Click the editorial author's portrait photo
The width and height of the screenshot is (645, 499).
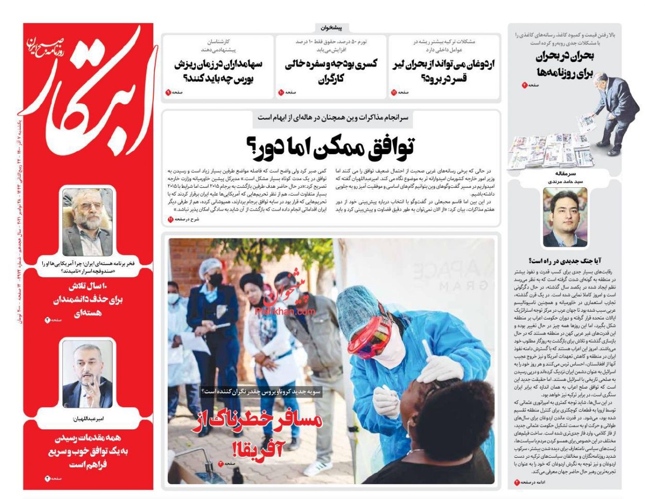[x=565, y=217]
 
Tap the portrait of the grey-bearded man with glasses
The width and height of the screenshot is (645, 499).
[x=87, y=222]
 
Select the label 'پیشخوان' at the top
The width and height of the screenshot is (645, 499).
[x=332, y=28]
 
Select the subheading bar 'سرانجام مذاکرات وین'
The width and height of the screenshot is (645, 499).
[x=332, y=118]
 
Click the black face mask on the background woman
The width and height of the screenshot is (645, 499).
[x=215, y=279]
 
